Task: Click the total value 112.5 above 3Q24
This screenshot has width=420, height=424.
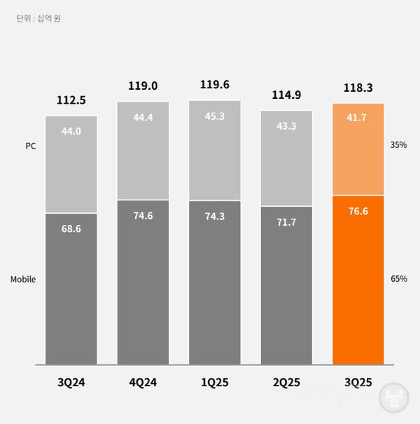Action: (x=71, y=100)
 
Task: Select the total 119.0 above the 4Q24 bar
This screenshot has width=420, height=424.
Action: (x=143, y=86)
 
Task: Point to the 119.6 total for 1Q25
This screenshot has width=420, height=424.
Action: (x=214, y=86)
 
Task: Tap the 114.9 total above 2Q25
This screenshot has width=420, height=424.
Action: (x=286, y=95)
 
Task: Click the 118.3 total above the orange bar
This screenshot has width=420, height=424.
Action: (x=358, y=88)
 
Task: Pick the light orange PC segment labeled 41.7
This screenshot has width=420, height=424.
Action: (x=358, y=149)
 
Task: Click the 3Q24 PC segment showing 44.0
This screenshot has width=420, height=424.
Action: (x=71, y=164)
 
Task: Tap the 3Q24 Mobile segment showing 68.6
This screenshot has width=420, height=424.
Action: (x=71, y=289)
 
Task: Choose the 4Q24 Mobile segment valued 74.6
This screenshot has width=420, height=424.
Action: (x=143, y=282)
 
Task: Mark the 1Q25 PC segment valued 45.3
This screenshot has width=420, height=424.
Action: (x=214, y=151)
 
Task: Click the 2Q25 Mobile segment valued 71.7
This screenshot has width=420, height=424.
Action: (x=286, y=285)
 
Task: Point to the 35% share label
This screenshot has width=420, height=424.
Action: (x=399, y=145)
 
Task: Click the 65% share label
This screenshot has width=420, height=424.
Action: (x=399, y=279)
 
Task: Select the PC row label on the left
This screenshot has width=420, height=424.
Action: (x=30, y=147)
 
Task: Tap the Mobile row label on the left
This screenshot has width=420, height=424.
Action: (x=23, y=280)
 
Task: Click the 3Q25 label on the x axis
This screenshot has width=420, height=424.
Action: (x=358, y=383)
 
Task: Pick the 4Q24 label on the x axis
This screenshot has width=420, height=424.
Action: (x=143, y=383)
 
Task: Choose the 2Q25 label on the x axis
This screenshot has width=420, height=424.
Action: (x=286, y=383)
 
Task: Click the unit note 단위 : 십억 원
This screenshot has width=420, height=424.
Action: (x=38, y=18)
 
